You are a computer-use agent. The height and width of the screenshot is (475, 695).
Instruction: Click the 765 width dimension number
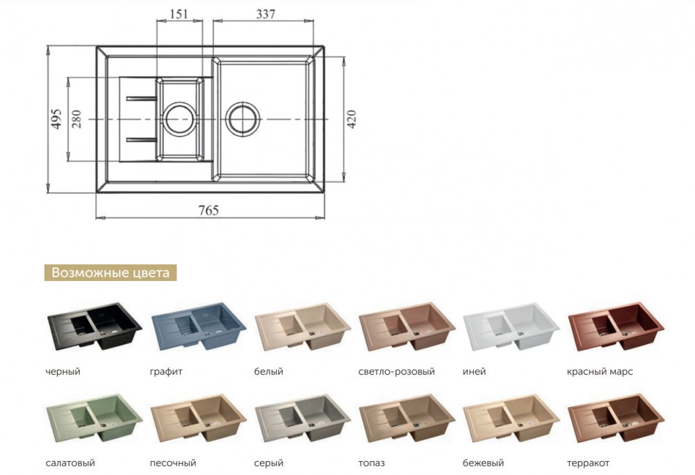pyautogui.click(x=208, y=210)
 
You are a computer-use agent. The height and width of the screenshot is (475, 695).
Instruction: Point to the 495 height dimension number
pyautogui.click(x=56, y=118)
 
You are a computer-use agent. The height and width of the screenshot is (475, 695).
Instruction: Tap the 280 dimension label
pyautogui.click(x=76, y=118)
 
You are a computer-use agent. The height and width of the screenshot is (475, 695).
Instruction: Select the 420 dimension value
pyautogui.click(x=351, y=119)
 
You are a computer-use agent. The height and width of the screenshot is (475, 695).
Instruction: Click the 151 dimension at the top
pyautogui.click(x=179, y=14)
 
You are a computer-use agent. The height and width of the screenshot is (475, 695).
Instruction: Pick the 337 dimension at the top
pyautogui.click(x=265, y=14)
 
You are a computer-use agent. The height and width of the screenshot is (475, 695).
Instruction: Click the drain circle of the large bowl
pyautogui.click(x=243, y=119)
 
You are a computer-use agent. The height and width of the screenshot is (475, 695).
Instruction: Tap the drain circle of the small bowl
pyautogui.click(x=179, y=119)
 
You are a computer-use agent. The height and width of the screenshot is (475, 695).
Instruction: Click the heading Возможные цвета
pyautogui.click(x=111, y=273)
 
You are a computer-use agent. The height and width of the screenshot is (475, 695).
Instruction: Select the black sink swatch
pyautogui.click(x=95, y=326)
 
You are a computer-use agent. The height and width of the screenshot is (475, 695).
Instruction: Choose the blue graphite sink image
pyautogui.click(x=199, y=327)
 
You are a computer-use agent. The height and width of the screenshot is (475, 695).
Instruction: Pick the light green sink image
pyautogui.click(x=95, y=418)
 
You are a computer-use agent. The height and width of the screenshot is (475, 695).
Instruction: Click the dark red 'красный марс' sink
pyautogui.click(x=616, y=326)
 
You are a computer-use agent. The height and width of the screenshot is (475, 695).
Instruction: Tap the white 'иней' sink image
pyautogui.click(x=512, y=327)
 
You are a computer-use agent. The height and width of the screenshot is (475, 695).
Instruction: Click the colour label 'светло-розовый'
pyautogui.click(x=397, y=371)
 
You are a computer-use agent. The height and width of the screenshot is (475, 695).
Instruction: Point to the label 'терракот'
pyautogui.click(x=588, y=463)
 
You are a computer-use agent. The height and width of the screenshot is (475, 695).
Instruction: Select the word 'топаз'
pyautogui.click(x=371, y=463)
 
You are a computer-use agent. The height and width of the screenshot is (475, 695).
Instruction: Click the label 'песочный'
pyautogui.click(x=173, y=463)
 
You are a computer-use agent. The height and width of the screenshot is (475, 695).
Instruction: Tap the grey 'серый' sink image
pyautogui.click(x=303, y=418)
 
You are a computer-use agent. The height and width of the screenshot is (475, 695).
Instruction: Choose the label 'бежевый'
pyautogui.click(x=483, y=463)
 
